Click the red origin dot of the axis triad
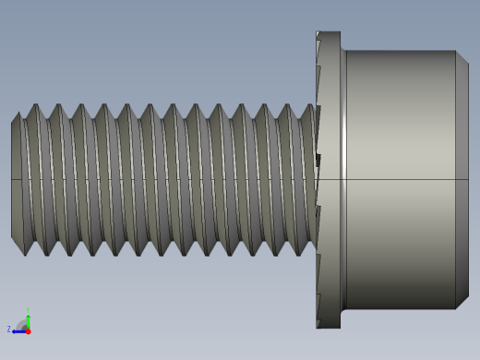(x=28, y=330)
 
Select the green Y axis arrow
(x=28, y=319)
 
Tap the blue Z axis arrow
(x=18, y=330)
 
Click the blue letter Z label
(x=9, y=329)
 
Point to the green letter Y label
(x=28, y=310)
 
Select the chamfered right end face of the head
(x=462, y=180)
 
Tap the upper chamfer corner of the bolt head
(x=462, y=56)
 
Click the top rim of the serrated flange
(x=329, y=34)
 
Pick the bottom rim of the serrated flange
(x=329, y=325)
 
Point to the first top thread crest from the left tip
(x=37, y=106)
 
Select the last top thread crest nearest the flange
(x=306, y=106)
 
